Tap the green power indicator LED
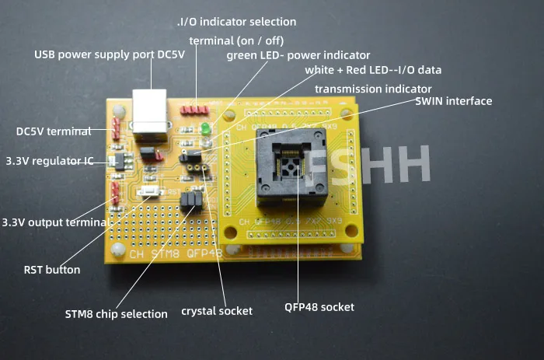pyautogui.click(x=206, y=129)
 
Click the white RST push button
pyautogui.click(x=147, y=190)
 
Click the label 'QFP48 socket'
pyautogui.click(x=319, y=307)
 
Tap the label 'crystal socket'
pyautogui.click(x=217, y=311)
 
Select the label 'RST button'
pyautogui.click(x=52, y=271)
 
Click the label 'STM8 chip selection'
pyautogui.click(x=116, y=314)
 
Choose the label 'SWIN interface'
pyautogui.click(x=453, y=101)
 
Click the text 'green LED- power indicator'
pyautogui.click(x=298, y=55)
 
